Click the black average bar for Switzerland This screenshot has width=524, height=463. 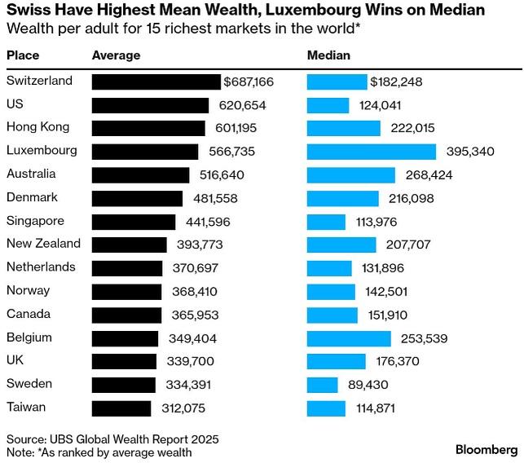pyautogui.click(x=156, y=82)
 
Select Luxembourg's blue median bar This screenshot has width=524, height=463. pyautogui.click(x=372, y=151)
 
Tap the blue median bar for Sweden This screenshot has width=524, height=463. pyautogui.click(x=323, y=385)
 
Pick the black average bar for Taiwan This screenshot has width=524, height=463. pyautogui.click(x=121, y=408)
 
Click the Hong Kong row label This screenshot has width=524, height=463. pyautogui.click(x=38, y=127)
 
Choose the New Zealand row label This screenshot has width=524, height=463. pyautogui.click(x=43, y=244)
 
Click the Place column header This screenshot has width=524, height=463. pyautogui.click(x=23, y=55)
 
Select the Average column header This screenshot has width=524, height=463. pyautogui.click(x=117, y=55)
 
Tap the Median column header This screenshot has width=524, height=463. pyautogui.click(x=328, y=55)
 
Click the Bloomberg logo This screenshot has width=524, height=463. pyautogui.click(x=485, y=449)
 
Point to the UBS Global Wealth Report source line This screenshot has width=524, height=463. pyautogui.click(x=112, y=439)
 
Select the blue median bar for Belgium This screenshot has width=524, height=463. pyautogui.click(x=349, y=338)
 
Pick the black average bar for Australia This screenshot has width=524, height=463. pyautogui.click(x=141, y=174)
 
